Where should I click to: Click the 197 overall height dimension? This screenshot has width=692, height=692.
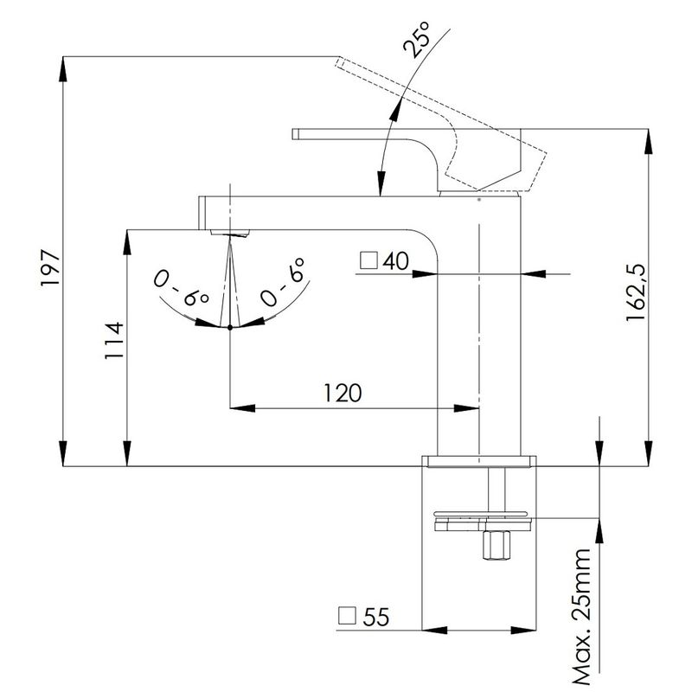point(49,268)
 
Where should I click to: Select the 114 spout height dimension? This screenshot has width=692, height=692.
point(114,340)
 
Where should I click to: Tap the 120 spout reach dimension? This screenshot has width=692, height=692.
point(343,393)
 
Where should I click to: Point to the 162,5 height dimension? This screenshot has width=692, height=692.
point(636,292)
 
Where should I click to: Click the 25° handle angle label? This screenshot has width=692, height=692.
point(416,40)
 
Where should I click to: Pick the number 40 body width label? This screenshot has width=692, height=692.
point(395,261)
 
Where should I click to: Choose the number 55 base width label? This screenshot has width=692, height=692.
point(376,617)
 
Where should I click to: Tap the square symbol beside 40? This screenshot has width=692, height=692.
point(368,260)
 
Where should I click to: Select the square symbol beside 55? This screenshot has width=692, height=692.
point(347,616)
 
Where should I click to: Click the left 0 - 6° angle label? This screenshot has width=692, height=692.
point(181,288)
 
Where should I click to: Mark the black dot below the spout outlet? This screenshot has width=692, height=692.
point(230,327)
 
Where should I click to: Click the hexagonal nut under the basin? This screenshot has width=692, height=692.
point(497,546)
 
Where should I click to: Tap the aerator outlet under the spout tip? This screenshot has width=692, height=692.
point(230,233)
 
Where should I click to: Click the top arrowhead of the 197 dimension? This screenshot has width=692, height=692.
point(63,69)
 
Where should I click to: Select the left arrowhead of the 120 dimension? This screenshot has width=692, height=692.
point(242,408)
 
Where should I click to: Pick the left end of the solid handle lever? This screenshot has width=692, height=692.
point(295,134)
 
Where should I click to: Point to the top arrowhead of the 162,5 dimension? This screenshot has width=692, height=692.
point(648,141)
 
